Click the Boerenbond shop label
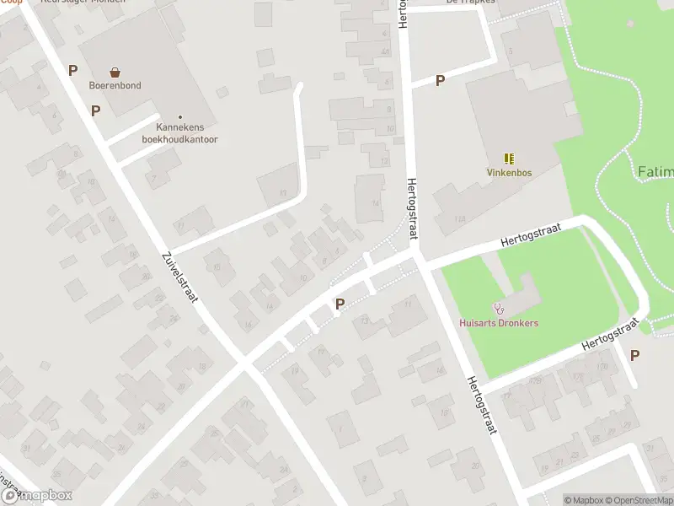pos(115,85)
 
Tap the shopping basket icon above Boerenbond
pos(115,73)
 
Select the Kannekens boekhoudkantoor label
pos(179,133)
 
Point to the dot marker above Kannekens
pos(179,117)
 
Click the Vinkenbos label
pos(509,172)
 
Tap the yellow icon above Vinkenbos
pos(509,158)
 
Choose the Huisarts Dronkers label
pos(499,323)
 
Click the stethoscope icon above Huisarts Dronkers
pos(499,309)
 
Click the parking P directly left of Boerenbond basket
pos(73,72)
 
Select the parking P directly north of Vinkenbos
pos(439,81)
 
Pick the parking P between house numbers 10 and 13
pos(340,304)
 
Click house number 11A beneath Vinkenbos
pos(459,219)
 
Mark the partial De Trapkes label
pos(471,3)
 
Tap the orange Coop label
pos(10,3)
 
